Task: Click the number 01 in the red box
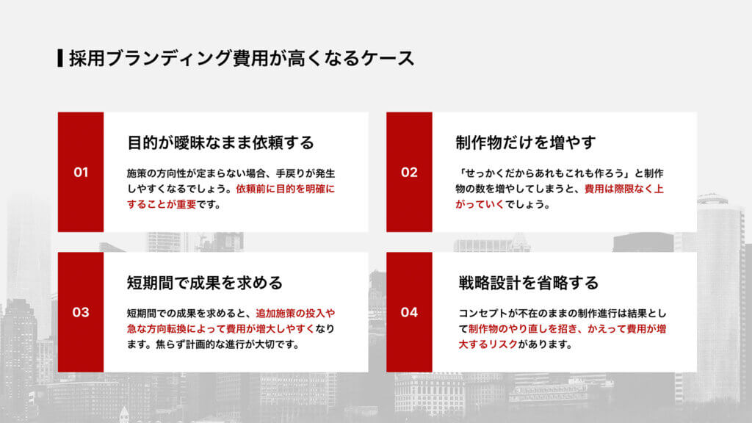pyautogui.click(x=81, y=173)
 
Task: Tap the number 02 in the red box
pyautogui.click(x=409, y=173)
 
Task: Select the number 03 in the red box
pyautogui.click(x=81, y=312)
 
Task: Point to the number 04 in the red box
pyautogui.click(x=409, y=312)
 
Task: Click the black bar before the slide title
pyautogui.click(x=59, y=58)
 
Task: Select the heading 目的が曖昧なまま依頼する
pyautogui.click(x=220, y=142)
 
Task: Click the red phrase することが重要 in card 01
pyautogui.click(x=162, y=204)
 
